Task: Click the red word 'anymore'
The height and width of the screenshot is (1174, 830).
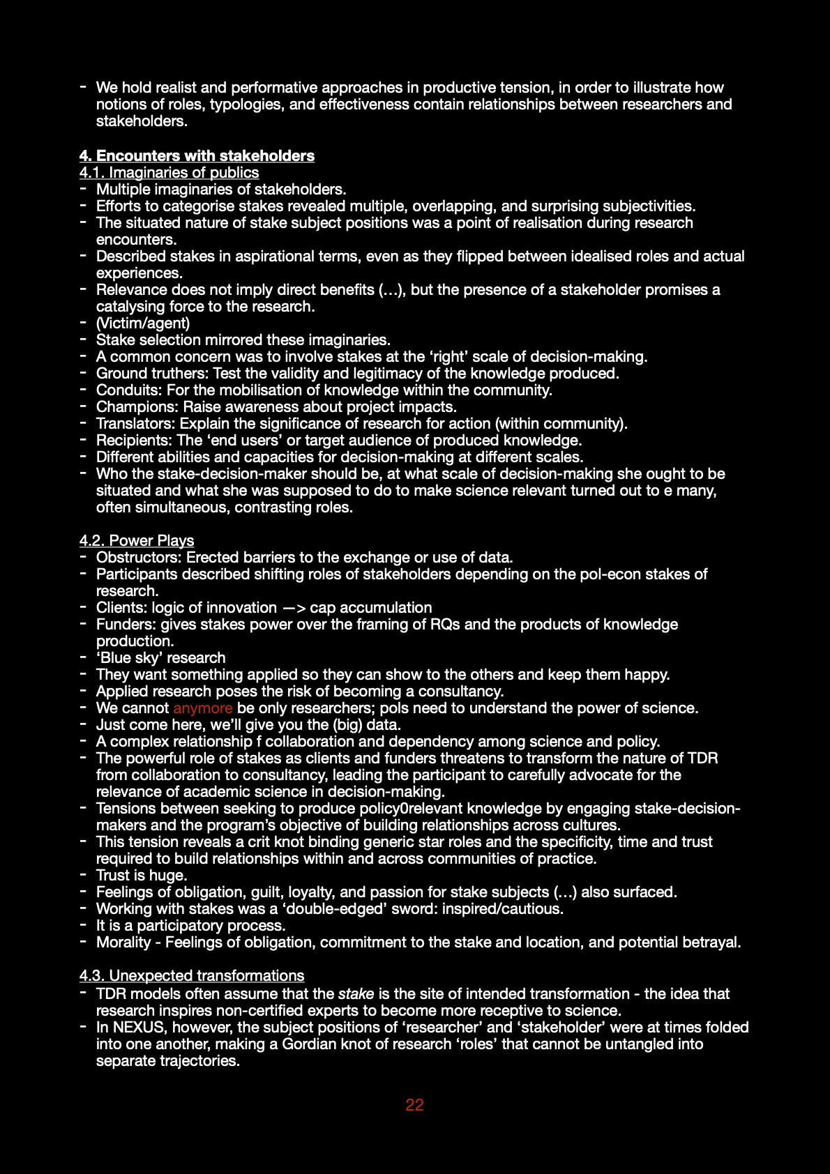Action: tap(202, 708)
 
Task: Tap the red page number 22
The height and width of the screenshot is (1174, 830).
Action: tap(414, 1105)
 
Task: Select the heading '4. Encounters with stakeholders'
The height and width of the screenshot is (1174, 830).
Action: tap(197, 156)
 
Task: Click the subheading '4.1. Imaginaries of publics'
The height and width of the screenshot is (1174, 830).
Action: tap(169, 173)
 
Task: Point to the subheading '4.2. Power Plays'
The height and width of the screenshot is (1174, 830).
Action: tap(137, 541)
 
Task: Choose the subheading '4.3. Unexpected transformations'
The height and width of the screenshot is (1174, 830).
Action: tap(192, 976)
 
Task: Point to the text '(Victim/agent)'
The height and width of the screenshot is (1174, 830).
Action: tap(143, 323)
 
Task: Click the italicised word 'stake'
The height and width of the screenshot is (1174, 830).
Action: tap(356, 994)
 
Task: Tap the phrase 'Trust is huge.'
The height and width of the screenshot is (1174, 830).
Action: tap(142, 876)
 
